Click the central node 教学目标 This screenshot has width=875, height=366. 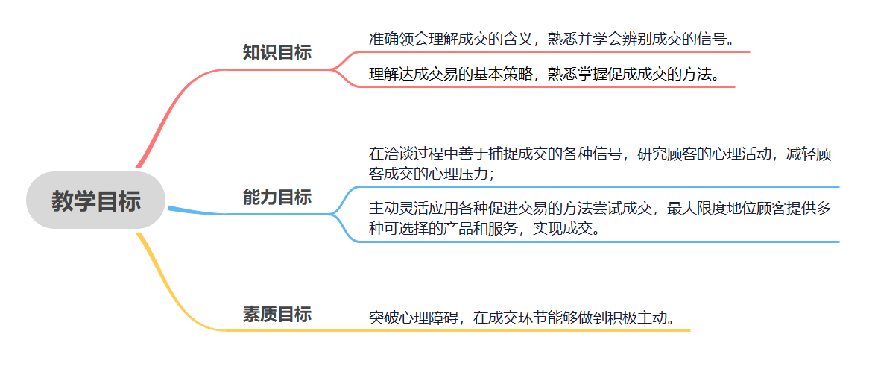click(95, 201)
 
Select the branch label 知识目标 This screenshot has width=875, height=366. click(277, 52)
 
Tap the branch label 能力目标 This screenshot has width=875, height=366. click(277, 198)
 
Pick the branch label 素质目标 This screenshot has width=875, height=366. click(277, 315)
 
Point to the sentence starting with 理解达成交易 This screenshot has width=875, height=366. click(544, 74)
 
